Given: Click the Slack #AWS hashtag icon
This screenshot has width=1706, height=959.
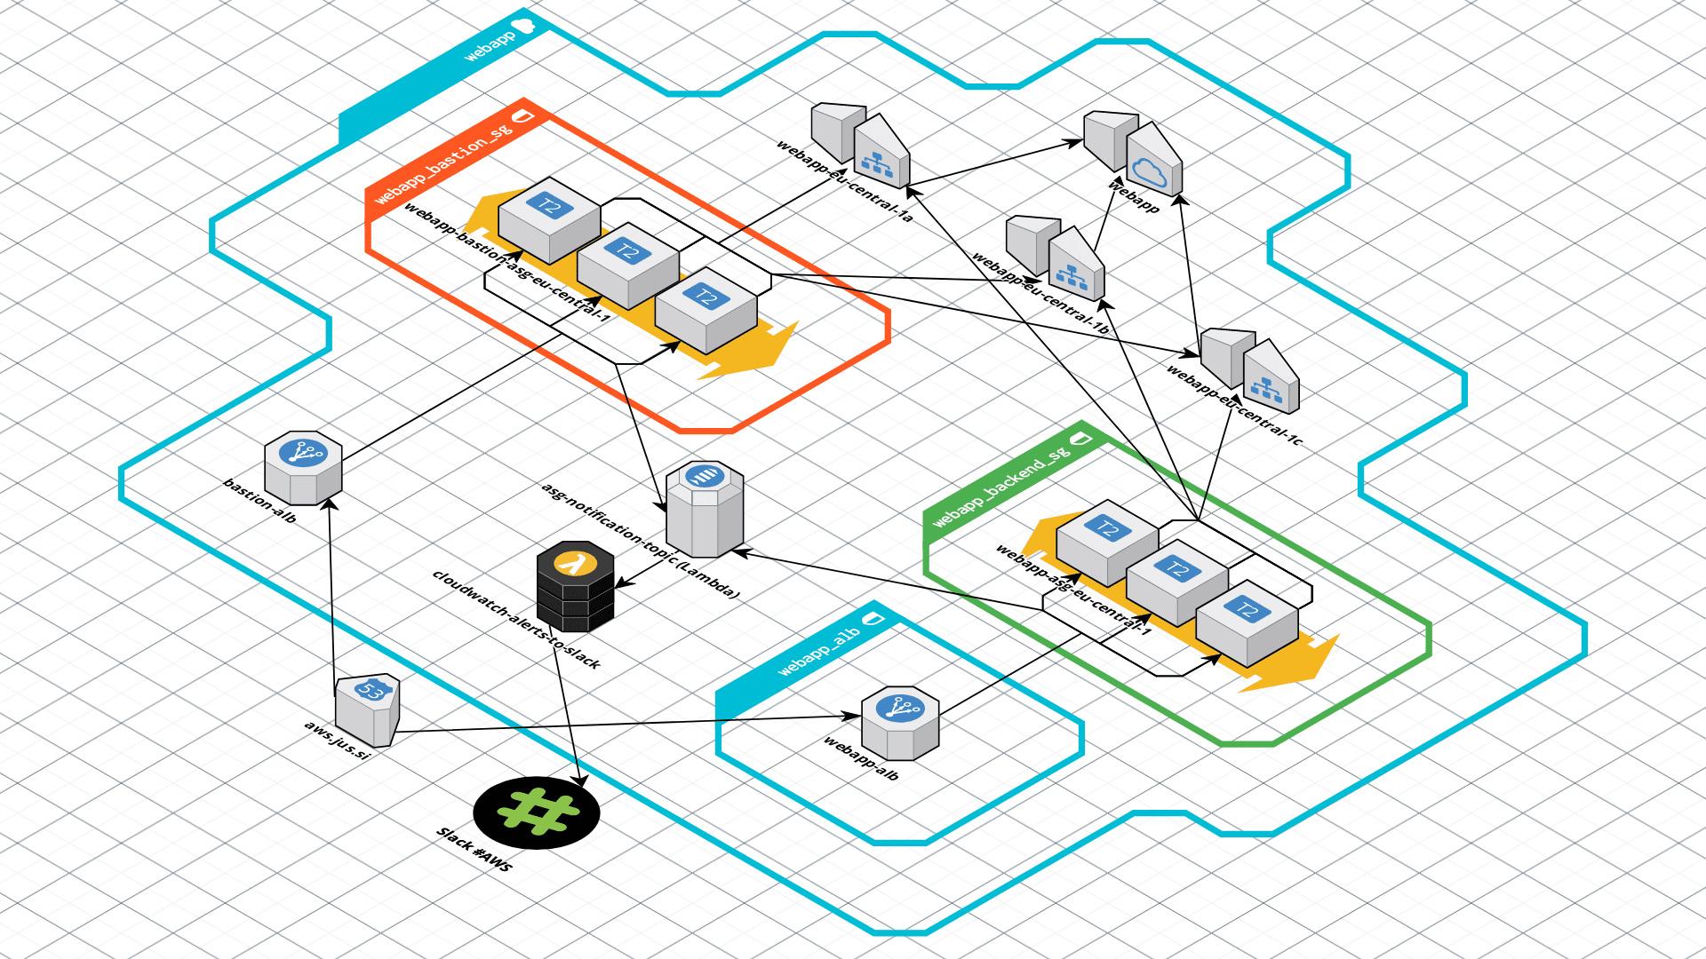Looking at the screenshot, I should [537, 812].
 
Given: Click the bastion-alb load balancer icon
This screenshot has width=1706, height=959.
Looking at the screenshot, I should [303, 467].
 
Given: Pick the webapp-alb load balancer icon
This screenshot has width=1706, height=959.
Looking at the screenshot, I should [900, 723].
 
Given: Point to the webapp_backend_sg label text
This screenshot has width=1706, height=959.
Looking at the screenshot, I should [1000, 488].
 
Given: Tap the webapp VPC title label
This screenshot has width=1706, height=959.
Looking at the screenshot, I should [490, 46].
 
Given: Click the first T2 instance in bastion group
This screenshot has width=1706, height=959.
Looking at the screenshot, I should [549, 219].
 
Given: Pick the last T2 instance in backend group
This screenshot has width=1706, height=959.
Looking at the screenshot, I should [1247, 622].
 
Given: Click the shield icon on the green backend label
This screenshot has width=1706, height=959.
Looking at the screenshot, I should [1080, 439].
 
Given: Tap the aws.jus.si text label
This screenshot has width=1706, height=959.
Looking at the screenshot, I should [336, 740].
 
